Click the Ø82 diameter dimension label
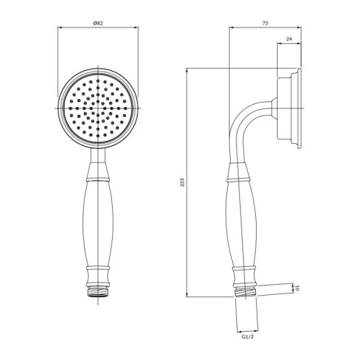point(98,23)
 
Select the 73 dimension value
point(265,23)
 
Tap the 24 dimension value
point(289,39)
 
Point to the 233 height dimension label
point(182,182)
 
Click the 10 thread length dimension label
point(297,288)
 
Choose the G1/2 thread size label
point(247,337)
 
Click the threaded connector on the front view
point(98,292)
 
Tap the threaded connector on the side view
point(246,292)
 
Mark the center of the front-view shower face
point(98,108)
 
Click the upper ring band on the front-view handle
point(98,179)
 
